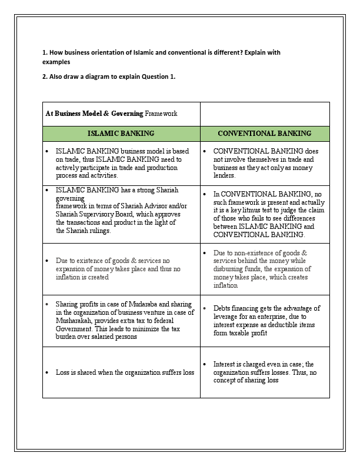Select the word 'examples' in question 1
[x=56, y=61]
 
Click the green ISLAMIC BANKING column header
[x=121, y=134]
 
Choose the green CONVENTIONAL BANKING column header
[x=264, y=134]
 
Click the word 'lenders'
[x=224, y=175]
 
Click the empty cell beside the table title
[x=264, y=114]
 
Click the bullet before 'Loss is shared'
[x=47, y=372]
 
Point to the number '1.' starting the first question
[x=45, y=53]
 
